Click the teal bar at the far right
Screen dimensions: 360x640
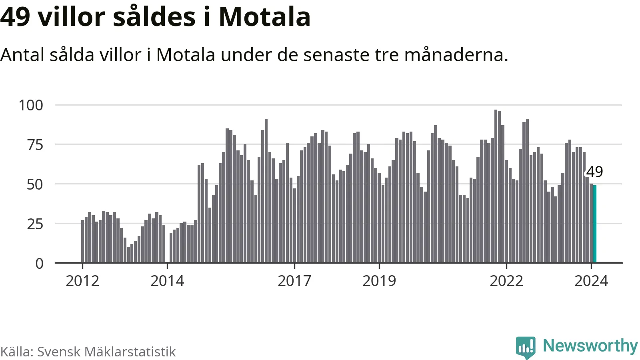595,224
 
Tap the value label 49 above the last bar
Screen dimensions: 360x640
595,172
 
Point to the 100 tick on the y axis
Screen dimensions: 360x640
31,105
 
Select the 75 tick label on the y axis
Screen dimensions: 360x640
35,145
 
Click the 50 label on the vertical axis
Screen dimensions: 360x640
35,184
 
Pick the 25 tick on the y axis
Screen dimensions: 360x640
35,224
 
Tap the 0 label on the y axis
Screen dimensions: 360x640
39,264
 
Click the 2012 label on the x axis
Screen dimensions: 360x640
82,281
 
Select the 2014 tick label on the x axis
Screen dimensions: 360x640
167,281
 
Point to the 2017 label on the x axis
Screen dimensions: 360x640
294,281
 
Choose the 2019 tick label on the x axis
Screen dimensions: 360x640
379,281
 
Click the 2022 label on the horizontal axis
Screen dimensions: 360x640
506,281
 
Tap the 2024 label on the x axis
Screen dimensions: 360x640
591,281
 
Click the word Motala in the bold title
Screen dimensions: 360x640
264,17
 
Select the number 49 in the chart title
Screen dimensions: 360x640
15,17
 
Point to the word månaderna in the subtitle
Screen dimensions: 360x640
456,55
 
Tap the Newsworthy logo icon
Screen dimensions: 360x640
526,347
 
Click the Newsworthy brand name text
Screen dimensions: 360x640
590,346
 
